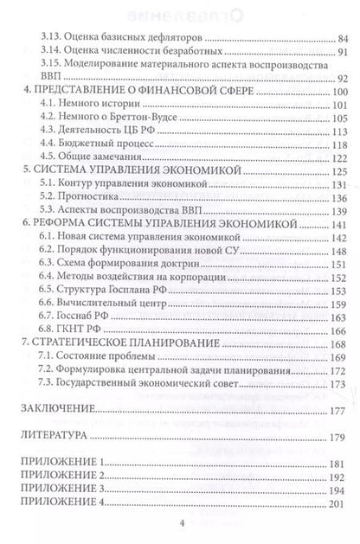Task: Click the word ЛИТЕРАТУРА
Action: tap(54, 438)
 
